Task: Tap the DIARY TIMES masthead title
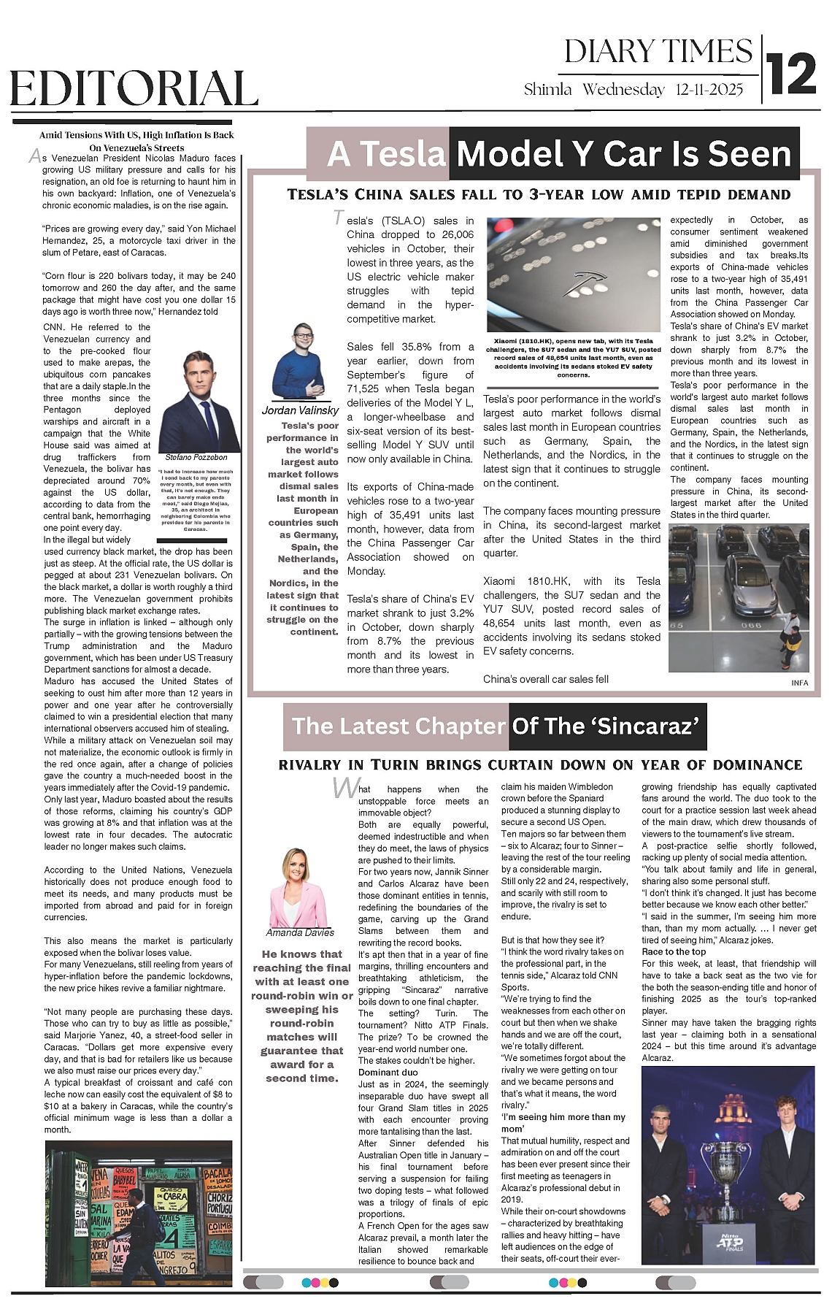point(658,52)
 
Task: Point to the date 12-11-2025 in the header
point(709,90)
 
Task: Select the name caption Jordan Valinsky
point(300,410)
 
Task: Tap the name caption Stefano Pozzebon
point(196,457)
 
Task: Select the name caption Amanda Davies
point(299,932)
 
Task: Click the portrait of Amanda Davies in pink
point(299,887)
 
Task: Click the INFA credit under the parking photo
point(799,683)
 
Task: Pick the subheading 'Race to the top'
point(674,952)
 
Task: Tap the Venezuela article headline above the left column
point(136,141)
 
